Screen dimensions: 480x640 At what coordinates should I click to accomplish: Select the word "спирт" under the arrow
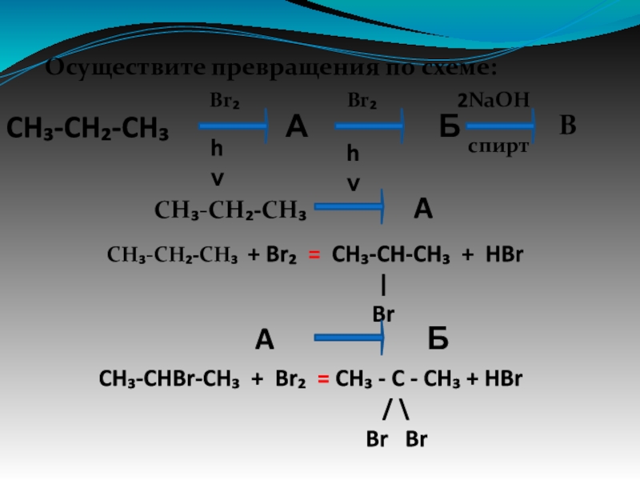498,148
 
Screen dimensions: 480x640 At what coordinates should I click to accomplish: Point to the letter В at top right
568,126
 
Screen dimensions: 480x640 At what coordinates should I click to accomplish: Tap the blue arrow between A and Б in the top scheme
370,126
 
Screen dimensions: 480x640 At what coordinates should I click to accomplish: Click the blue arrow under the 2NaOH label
500,126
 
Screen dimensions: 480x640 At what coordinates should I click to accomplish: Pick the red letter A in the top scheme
297,126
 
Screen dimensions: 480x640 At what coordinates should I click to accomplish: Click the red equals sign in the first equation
314,255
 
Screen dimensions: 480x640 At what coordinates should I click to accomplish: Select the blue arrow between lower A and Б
350,340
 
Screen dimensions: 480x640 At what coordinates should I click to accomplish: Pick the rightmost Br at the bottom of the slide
417,439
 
